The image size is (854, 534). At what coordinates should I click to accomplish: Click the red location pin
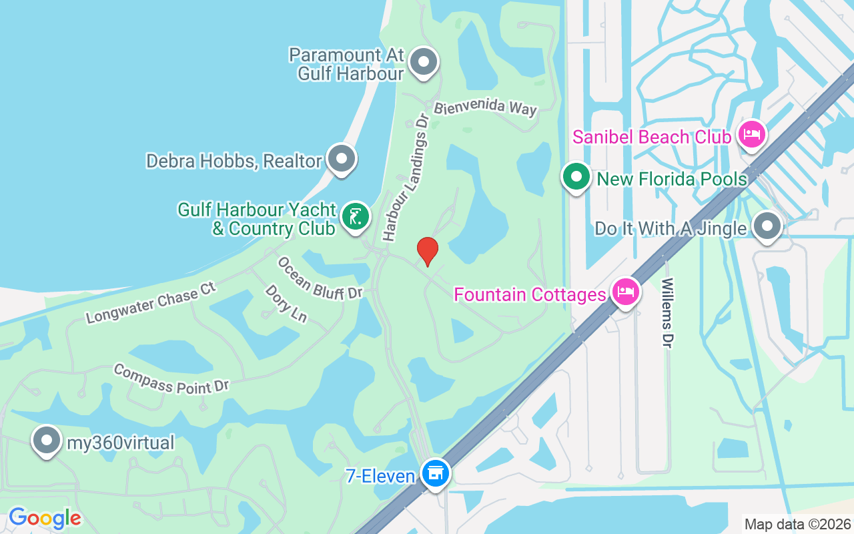pyautogui.click(x=427, y=252)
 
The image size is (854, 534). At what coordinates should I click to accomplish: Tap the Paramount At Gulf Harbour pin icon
pyautogui.click(x=422, y=63)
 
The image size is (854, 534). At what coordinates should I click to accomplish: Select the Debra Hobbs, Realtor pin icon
pyautogui.click(x=342, y=159)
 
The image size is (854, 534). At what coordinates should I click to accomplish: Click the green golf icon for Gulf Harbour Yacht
pyautogui.click(x=356, y=217)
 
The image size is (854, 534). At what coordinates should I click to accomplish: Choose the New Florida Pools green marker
pyautogui.click(x=576, y=178)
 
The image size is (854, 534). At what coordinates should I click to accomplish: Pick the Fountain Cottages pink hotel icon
pyautogui.click(x=625, y=292)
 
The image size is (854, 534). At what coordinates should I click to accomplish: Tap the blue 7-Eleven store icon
pyautogui.click(x=436, y=473)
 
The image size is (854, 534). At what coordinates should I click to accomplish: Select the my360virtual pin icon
pyautogui.click(x=47, y=441)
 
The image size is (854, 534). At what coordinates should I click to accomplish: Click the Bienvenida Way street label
pyautogui.click(x=485, y=108)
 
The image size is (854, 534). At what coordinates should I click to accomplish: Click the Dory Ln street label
pyautogui.click(x=286, y=304)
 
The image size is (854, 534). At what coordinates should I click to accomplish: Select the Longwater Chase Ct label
pyautogui.click(x=151, y=303)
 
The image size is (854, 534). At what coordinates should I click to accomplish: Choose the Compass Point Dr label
pyautogui.click(x=171, y=378)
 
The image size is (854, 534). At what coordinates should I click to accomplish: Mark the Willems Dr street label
pyautogui.click(x=667, y=312)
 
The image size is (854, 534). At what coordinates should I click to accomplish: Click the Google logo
pyautogui.click(x=45, y=517)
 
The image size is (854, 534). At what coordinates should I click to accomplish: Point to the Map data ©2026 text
pyautogui.click(x=797, y=524)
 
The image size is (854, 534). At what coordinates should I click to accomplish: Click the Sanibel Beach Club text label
pyautogui.click(x=652, y=137)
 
